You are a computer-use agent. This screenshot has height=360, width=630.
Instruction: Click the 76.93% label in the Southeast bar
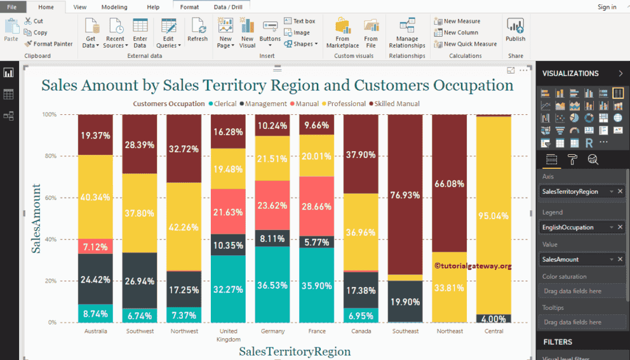(x=405, y=195)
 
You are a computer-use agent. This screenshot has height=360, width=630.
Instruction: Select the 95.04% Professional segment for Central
(x=493, y=215)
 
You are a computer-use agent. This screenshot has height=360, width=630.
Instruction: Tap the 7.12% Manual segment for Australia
(x=95, y=246)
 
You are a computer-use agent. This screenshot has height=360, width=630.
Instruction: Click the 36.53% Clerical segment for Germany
(x=272, y=286)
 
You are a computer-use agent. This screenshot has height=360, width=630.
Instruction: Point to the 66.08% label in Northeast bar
(x=449, y=183)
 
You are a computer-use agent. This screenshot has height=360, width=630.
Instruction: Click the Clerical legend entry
(x=223, y=103)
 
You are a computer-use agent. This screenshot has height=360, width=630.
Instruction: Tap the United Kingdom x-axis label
(x=228, y=335)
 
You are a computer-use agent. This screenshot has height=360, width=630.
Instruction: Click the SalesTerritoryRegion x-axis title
(x=295, y=351)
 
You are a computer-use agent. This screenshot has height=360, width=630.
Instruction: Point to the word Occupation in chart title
(x=473, y=85)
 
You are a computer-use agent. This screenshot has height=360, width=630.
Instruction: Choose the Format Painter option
(x=49, y=44)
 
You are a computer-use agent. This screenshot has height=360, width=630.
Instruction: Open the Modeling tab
(x=114, y=7)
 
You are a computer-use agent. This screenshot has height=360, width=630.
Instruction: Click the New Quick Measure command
(x=466, y=44)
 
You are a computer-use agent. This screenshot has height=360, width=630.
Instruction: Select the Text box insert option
(x=299, y=21)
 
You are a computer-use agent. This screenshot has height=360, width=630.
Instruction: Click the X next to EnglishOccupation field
(x=620, y=227)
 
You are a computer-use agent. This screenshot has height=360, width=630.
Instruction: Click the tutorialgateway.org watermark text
(x=473, y=267)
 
